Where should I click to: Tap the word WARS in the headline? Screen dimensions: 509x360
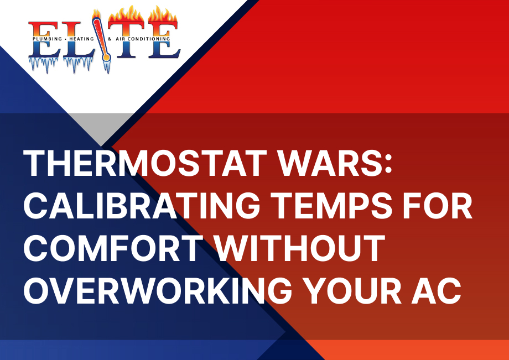328,163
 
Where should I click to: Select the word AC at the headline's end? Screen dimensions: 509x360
437,291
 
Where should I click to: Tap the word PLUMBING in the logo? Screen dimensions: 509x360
47,39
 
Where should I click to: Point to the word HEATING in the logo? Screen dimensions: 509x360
81,39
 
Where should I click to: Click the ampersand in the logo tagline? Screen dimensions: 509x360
110,39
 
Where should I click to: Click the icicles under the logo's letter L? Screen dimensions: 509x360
77,65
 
